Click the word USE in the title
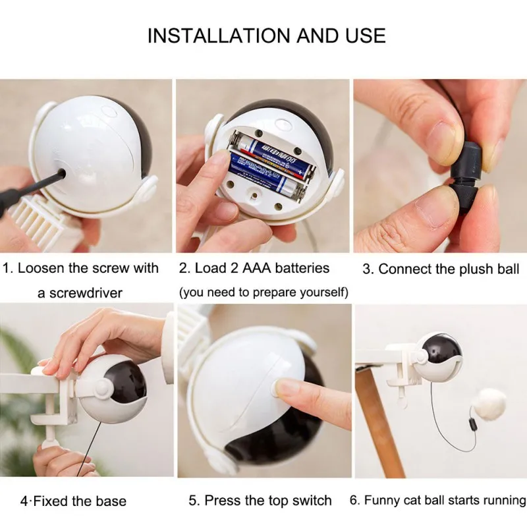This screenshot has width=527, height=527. coord(366,36)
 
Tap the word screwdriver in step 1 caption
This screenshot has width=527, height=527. coord(86,293)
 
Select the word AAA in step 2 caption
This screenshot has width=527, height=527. coord(257,268)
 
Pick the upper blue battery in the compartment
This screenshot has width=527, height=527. coord(272,155)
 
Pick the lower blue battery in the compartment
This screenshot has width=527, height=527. coord(267,178)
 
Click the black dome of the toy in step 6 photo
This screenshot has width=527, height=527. coord(442,350)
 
